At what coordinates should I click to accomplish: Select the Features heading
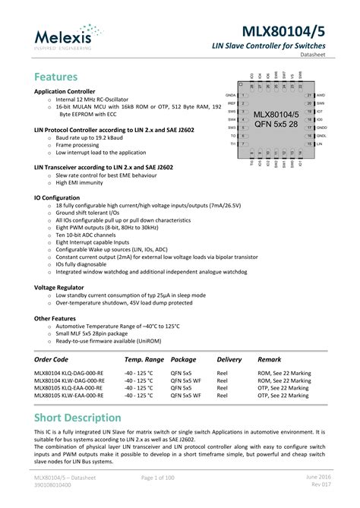[56, 77]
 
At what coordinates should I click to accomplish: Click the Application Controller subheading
[68, 91]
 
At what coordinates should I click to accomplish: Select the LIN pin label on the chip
[320, 143]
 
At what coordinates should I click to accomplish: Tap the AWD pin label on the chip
[321, 95]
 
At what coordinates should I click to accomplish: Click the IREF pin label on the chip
[232, 103]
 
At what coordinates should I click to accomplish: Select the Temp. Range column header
[144, 359]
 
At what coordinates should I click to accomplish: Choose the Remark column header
[270, 359]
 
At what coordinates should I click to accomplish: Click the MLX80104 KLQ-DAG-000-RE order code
[69, 374]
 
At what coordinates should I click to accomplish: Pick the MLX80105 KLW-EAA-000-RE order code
[69, 396]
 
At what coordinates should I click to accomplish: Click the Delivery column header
[229, 359]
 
